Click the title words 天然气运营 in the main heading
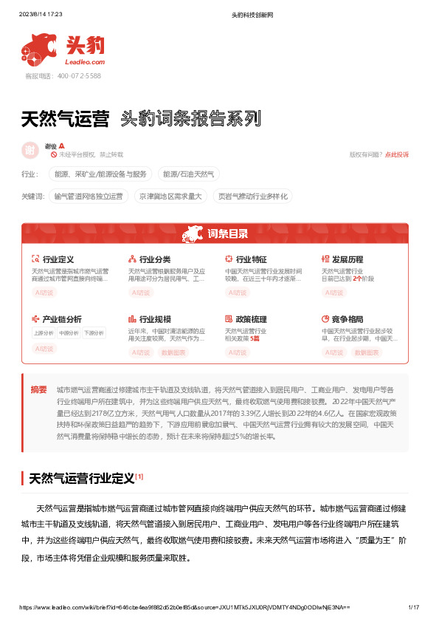pos(65,119)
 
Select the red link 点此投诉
pos(397,154)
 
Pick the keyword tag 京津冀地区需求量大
pos(170,196)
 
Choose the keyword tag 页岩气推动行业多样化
pos(252,196)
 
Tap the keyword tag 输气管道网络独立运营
pos(88,196)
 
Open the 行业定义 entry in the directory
pos(58,260)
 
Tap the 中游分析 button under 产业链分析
pos(69,333)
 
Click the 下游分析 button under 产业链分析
pos(94,333)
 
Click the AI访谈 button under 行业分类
pos(140,293)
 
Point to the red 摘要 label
pos(38,389)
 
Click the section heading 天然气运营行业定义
pos(81,478)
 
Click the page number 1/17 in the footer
pos(413,607)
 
